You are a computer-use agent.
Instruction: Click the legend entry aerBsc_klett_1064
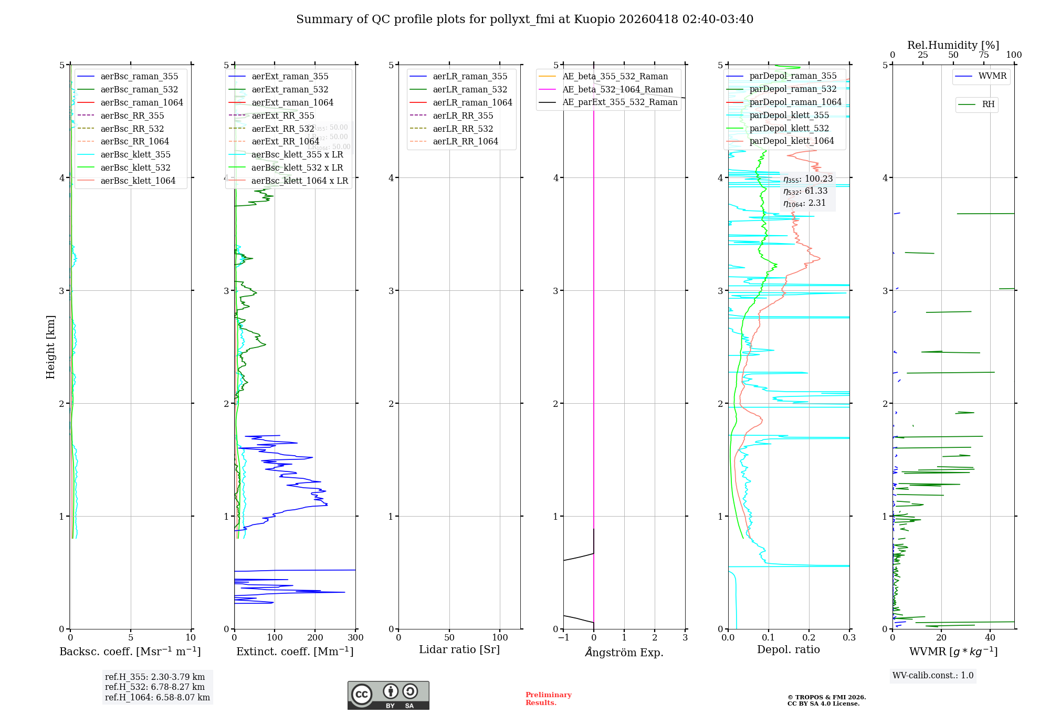(138, 181)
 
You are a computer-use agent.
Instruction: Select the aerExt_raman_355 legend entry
(290, 77)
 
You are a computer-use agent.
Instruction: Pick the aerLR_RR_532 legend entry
(463, 129)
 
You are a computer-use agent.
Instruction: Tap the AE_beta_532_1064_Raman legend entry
(617, 89)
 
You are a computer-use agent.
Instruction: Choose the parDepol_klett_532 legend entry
(789, 128)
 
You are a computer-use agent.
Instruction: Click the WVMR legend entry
(992, 76)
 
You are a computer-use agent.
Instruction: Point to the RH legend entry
(988, 104)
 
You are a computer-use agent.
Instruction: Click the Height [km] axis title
(50, 347)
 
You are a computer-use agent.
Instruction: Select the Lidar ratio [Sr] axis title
(459, 649)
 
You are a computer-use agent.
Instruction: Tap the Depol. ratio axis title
(788, 649)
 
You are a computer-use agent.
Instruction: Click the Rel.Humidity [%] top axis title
(953, 45)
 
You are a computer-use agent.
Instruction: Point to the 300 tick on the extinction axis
(355, 638)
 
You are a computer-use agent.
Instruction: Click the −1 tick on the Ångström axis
(563, 638)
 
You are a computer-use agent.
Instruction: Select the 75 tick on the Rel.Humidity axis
(983, 55)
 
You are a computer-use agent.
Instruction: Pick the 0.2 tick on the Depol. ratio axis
(809, 638)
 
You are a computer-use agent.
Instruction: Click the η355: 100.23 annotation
(807, 179)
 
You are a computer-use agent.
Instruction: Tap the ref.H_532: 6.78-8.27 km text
(155, 687)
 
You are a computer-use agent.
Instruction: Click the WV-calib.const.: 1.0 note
(933, 676)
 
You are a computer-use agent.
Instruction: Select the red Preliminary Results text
(548, 699)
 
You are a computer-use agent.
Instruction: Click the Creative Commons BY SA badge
(388, 696)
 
